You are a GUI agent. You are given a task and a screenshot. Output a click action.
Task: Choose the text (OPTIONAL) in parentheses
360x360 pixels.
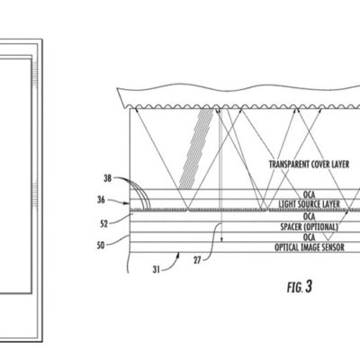click(x=315, y=226)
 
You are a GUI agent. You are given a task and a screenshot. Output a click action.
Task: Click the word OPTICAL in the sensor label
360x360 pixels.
click(x=275, y=247)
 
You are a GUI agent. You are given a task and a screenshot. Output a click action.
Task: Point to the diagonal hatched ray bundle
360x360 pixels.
click(x=200, y=144)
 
